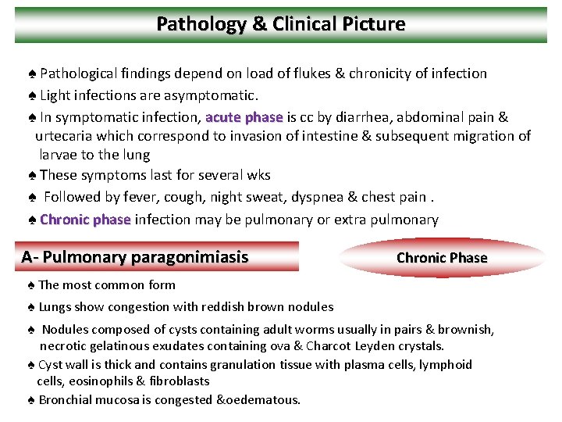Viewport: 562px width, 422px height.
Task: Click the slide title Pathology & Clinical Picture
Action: (281, 24)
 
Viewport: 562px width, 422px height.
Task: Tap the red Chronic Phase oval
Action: (442, 258)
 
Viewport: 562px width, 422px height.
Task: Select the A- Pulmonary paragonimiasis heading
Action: (135, 256)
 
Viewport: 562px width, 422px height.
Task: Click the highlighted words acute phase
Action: (244, 118)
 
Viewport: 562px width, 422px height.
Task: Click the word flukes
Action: (303, 73)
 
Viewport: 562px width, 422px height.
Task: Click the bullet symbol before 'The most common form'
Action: (30, 285)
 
